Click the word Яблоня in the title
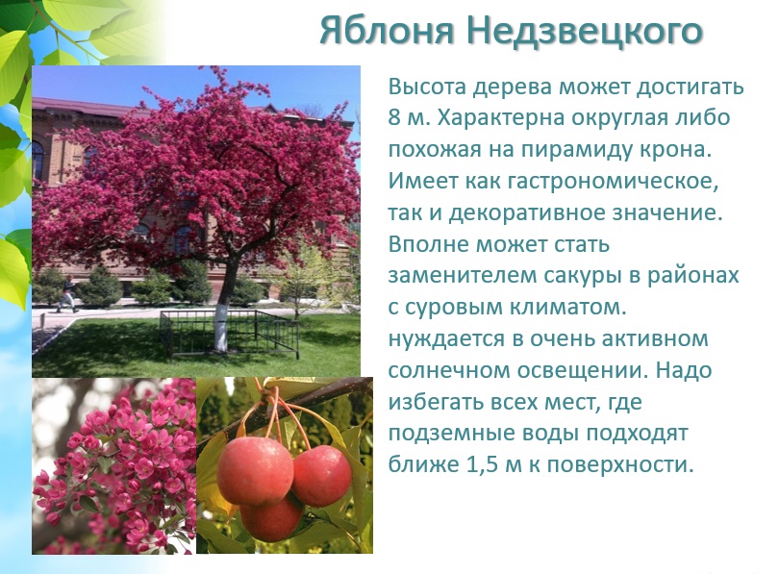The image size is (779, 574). click(387, 31)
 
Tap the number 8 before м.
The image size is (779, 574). click(393, 118)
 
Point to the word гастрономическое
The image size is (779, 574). click(613, 181)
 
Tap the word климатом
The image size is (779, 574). click(567, 308)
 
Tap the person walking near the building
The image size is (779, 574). click(67, 294)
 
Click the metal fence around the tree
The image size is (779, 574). click(230, 332)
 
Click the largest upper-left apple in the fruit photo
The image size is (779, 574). click(255, 470)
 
